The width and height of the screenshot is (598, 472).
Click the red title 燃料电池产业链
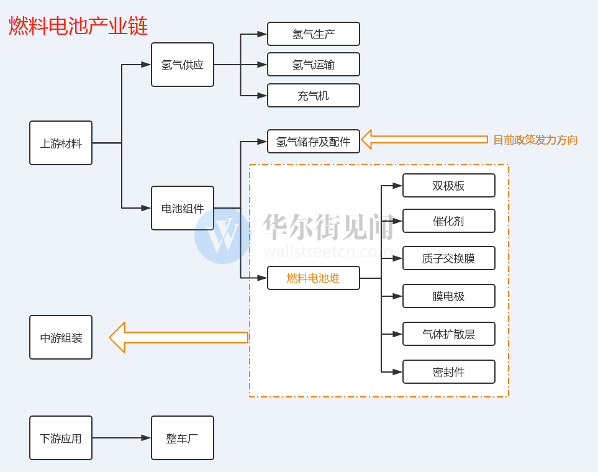coord(78,26)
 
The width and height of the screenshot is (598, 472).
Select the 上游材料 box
coord(61,143)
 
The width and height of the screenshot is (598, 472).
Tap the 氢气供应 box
coord(183,65)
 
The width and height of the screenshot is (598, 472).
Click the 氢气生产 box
coord(314,34)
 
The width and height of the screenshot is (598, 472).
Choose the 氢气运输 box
coord(314,65)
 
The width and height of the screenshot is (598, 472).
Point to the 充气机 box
coord(314,96)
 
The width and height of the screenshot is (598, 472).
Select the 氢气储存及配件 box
coord(314,142)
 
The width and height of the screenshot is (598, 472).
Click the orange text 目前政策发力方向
coord(535,140)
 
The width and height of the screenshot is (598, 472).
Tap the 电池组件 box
coord(183,208)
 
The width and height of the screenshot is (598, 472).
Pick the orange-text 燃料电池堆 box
coord(314,278)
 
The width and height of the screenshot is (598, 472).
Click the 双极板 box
coord(449,186)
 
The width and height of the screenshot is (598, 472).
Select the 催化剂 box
coord(449,221)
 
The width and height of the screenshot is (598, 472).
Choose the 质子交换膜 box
coord(449,258)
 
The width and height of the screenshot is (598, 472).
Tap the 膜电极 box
coord(449,296)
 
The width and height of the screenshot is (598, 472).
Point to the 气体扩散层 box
coord(449,334)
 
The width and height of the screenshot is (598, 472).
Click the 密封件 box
coord(449,372)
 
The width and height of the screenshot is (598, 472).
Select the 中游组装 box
coord(61,337)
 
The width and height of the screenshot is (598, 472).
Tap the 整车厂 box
coord(183,438)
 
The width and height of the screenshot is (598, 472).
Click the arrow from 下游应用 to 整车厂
coord(122,438)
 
